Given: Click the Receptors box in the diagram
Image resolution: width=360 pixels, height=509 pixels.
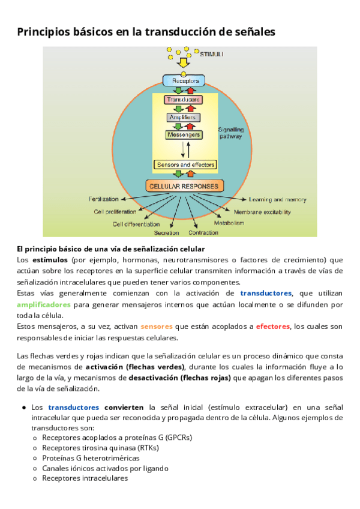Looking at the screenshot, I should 184,80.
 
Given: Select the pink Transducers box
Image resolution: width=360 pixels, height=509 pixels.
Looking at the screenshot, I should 184,99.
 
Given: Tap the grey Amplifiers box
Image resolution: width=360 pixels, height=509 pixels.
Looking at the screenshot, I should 183,118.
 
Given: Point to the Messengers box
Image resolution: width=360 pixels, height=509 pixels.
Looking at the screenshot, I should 184,135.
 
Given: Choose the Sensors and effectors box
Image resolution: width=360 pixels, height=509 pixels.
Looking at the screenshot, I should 185,164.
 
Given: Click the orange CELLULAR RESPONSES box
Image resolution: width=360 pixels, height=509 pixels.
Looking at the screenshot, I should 185,185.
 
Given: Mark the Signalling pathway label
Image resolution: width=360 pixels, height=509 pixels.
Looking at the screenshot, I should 230,133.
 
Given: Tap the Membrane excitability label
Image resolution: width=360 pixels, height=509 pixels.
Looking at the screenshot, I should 262,212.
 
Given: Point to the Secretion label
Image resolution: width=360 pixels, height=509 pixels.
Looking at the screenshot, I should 166,232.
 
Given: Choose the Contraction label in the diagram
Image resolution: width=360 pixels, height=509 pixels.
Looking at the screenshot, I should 203,232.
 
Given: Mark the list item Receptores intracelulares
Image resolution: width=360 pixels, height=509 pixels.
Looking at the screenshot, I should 85,478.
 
